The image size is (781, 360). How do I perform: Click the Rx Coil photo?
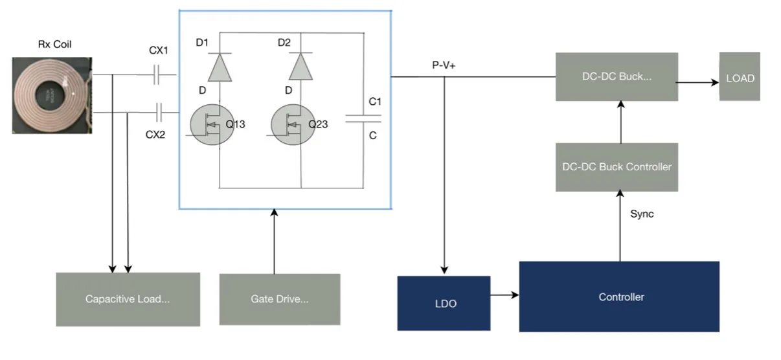point(52,95)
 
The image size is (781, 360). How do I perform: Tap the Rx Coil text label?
point(55,44)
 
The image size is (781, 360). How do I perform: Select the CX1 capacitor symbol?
point(157,74)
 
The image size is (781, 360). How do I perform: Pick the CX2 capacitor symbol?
point(159,112)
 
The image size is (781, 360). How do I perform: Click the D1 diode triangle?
point(220,67)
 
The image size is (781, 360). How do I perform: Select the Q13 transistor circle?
point(212,124)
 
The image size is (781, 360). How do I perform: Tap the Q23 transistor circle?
point(293,124)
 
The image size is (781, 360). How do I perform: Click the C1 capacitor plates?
point(363,118)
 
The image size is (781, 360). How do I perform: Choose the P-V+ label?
point(444,65)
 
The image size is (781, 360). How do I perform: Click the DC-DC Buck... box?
point(617,76)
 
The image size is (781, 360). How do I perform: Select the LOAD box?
point(740,76)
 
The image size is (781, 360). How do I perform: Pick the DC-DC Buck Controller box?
point(617,167)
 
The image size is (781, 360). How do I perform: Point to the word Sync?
point(642,214)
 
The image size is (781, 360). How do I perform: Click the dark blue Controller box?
point(619,297)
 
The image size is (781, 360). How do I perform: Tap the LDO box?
point(444,303)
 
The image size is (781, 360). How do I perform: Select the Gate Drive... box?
point(280,299)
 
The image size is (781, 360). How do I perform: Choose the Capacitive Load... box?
point(128,299)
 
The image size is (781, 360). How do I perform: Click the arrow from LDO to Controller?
point(505,295)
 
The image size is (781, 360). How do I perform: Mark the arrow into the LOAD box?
point(697,83)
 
